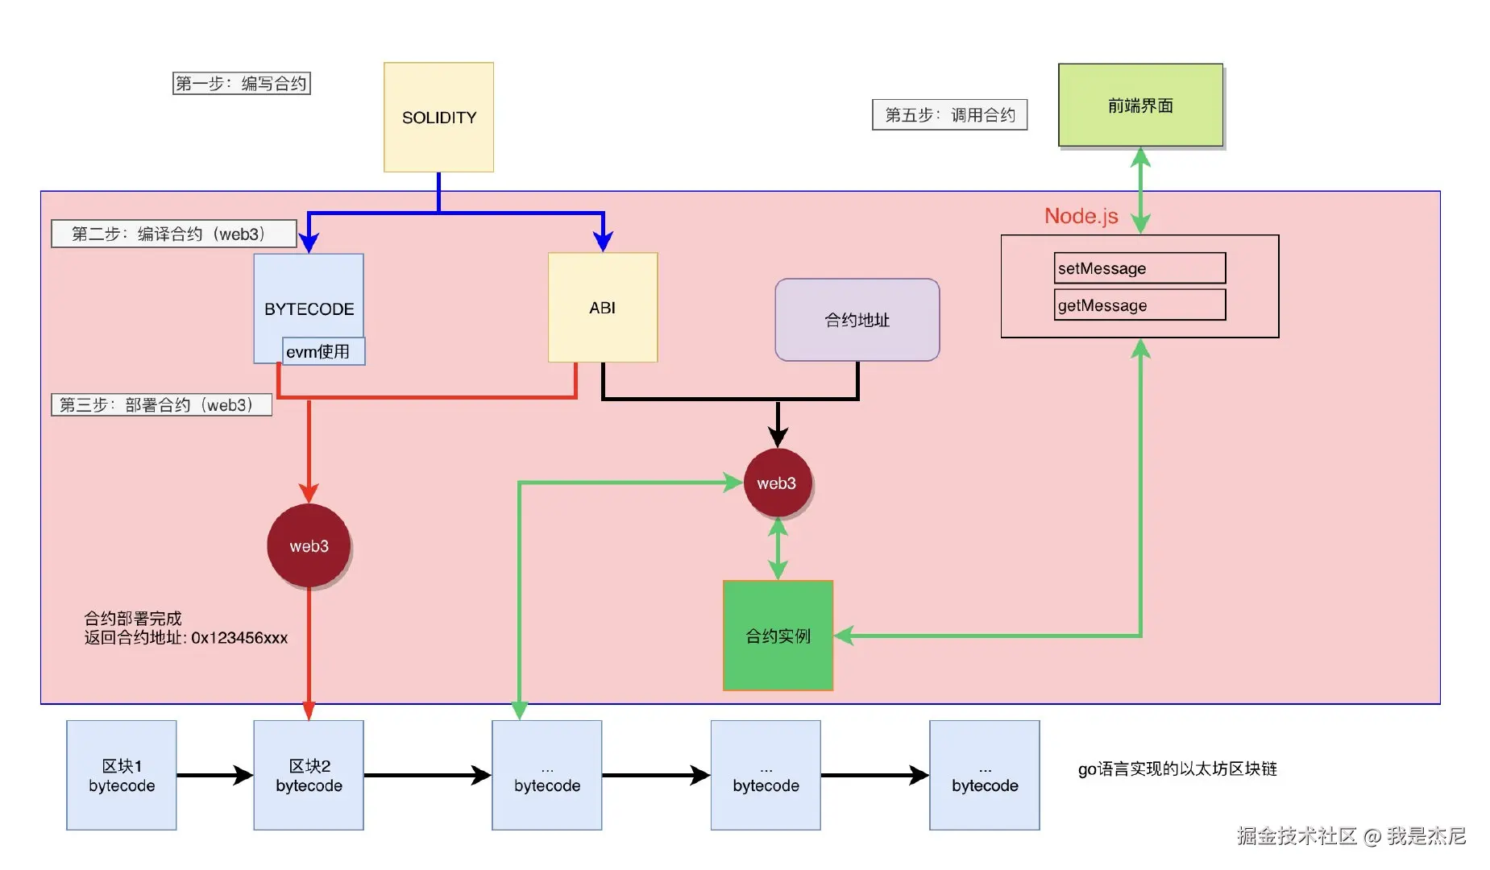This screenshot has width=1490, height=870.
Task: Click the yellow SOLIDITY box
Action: click(x=438, y=118)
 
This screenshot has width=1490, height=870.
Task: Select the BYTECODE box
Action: click(x=309, y=298)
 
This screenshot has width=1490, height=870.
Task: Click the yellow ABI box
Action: click(x=602, y=308)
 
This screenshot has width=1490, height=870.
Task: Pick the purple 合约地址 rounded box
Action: click(x=857, y=320)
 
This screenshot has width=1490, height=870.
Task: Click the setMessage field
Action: click(x=1139, y=268)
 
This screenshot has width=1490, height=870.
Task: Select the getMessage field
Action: click(x=1139, y=305)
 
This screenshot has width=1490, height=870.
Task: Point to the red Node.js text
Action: click(x=1081, y=216)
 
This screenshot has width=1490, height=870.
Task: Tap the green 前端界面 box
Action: click(x=1139, y=106)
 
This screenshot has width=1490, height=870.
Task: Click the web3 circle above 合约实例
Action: click(x=776, y=483)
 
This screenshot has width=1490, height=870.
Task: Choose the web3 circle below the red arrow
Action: click(x=309, y=546)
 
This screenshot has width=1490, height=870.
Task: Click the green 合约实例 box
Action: click(x=778, y=636)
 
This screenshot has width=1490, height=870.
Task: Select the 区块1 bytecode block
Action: click(x=122, y=775)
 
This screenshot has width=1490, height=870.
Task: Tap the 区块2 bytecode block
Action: click(x=309, y=775)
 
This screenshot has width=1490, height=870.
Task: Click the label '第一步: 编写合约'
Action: click(x=241, y=84)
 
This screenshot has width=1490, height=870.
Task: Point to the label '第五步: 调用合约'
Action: click(x=949, y=115)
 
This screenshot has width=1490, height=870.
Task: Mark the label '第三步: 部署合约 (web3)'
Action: click(x=161, y=405)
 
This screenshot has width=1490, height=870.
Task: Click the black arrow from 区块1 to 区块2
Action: click(x=214, y=775)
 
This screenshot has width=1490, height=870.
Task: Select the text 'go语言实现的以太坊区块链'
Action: click(x=1177, y=769)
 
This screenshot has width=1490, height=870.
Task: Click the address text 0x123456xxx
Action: click(x=239, y=638)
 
